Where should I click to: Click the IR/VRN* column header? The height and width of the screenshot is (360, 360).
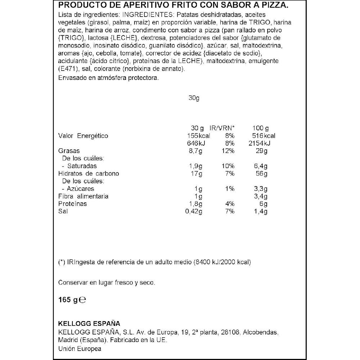pyautogui.click(x=222, y=128)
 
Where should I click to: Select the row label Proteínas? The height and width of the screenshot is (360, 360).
pyautogui.click(x=72, y=204)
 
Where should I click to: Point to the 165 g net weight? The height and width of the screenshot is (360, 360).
pyautogui.click(x=68, y=300)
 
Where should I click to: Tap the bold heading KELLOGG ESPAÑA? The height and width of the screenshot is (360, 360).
pyautogui.click(x=89, y=323)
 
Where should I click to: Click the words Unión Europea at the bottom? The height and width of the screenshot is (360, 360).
pyautogui.click(x=80, y=349)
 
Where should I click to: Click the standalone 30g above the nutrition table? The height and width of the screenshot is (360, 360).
pyautogui.click(x=194, y=98)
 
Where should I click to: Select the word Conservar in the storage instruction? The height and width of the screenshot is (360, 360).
pyautogui.click(x=72, y=283)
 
